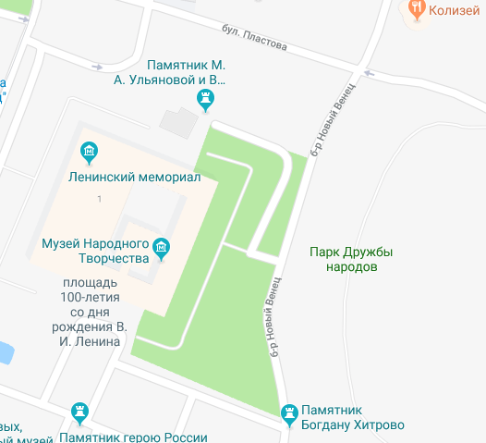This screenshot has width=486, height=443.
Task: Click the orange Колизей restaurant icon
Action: click(x=416, y=8)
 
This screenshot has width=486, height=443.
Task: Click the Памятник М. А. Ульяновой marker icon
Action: click(x=207, y=98)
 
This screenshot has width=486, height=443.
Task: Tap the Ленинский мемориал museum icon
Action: click(x=90, y=150)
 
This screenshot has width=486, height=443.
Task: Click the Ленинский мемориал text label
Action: click(x=134, y=178)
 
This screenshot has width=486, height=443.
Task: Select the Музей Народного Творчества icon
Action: click(x=162, y=247)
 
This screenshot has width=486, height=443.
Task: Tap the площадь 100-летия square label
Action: click(x=91, y=311)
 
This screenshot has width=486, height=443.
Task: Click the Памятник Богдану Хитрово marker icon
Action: click(x=290, y=411)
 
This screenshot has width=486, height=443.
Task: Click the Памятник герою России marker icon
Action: click(x=80, y=411)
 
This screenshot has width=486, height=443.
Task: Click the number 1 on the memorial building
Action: click(x=99, y=200)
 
